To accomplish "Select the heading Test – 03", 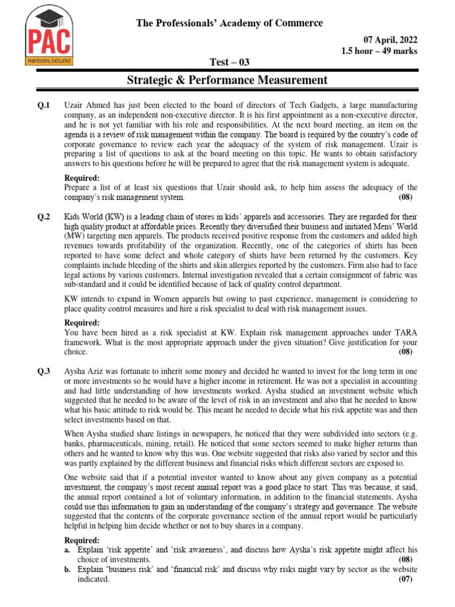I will pos(227,63).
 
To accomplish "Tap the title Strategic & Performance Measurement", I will pos(227,79).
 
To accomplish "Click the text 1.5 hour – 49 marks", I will pos(379,51).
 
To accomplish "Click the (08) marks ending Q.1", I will pos(405,197).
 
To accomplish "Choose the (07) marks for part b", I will pos(405,580).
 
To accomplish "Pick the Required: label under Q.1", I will pos(82,178).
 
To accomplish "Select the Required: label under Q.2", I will pos(82,323).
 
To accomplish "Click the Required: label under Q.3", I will pos(82,540).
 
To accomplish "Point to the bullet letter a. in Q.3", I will pos(68,550).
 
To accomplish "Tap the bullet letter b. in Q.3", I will pos(68,569).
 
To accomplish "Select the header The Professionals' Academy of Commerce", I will pos(230,23).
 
